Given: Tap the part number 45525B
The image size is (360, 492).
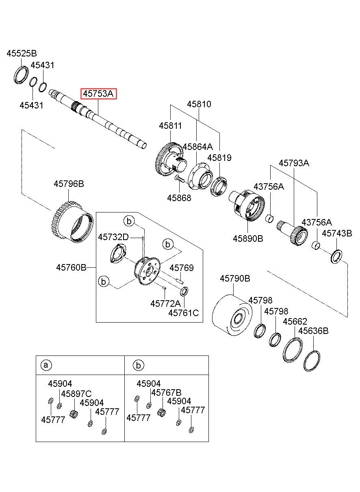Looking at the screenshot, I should (x=22, y=53).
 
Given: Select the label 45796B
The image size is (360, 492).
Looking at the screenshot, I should (x=69, y=184).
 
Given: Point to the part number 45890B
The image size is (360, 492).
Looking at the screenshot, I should (x=248, y=238).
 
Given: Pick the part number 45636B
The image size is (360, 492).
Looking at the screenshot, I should (x=313, y=331).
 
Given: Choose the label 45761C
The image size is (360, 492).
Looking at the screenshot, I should (x=184, y=313).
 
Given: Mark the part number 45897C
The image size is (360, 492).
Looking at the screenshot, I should (x=76, y=393).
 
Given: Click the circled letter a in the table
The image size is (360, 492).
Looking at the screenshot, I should (x=46, y=365).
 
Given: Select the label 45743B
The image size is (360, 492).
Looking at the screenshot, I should (x=337, y=233).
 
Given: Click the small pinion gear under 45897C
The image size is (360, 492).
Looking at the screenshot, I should (x=74, y=414).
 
